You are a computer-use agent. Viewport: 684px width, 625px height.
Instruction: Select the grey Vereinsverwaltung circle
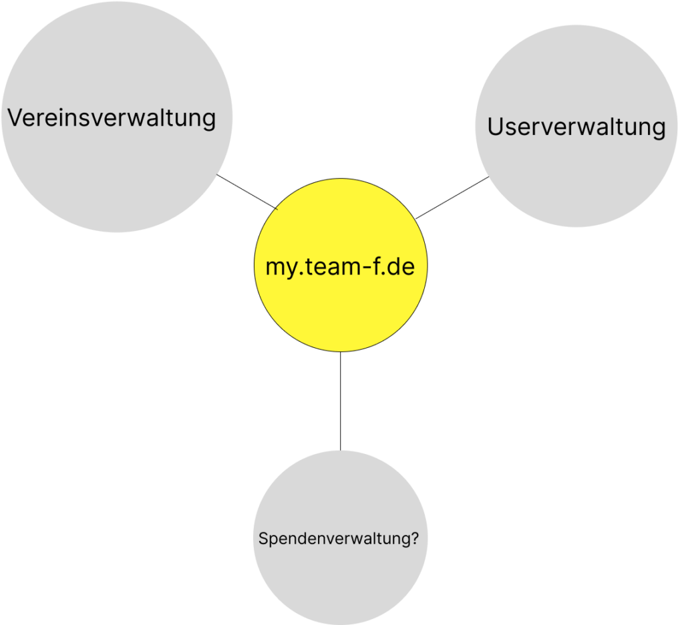pos(116,174)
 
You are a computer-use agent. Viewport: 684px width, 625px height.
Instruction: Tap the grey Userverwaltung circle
pos(576,174)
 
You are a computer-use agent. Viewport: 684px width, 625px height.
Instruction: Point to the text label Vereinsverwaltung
pos(112,118)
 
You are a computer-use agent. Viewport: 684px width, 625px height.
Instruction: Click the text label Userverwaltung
pos(576,126)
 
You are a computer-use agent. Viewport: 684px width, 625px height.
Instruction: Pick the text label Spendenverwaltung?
pos(339,539)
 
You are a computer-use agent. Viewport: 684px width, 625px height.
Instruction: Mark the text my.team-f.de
pos(340,267)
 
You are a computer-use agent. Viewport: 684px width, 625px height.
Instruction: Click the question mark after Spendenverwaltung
pos(415,538)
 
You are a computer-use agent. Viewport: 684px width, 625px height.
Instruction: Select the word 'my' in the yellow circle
pos(279,268)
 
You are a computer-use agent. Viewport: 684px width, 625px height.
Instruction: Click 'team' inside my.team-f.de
pos(328,267)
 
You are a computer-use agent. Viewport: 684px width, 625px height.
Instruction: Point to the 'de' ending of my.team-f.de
pos(402,267)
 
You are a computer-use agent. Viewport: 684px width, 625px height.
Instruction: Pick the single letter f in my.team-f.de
pos(375,266)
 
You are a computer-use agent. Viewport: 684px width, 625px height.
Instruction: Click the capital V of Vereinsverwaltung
pos(14,118)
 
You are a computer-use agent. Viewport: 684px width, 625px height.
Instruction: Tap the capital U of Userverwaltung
pos(495,126)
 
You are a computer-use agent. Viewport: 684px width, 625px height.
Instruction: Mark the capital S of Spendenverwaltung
pos(263,538)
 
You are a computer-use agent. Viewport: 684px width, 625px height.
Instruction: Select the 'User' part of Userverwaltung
pos(512,126)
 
